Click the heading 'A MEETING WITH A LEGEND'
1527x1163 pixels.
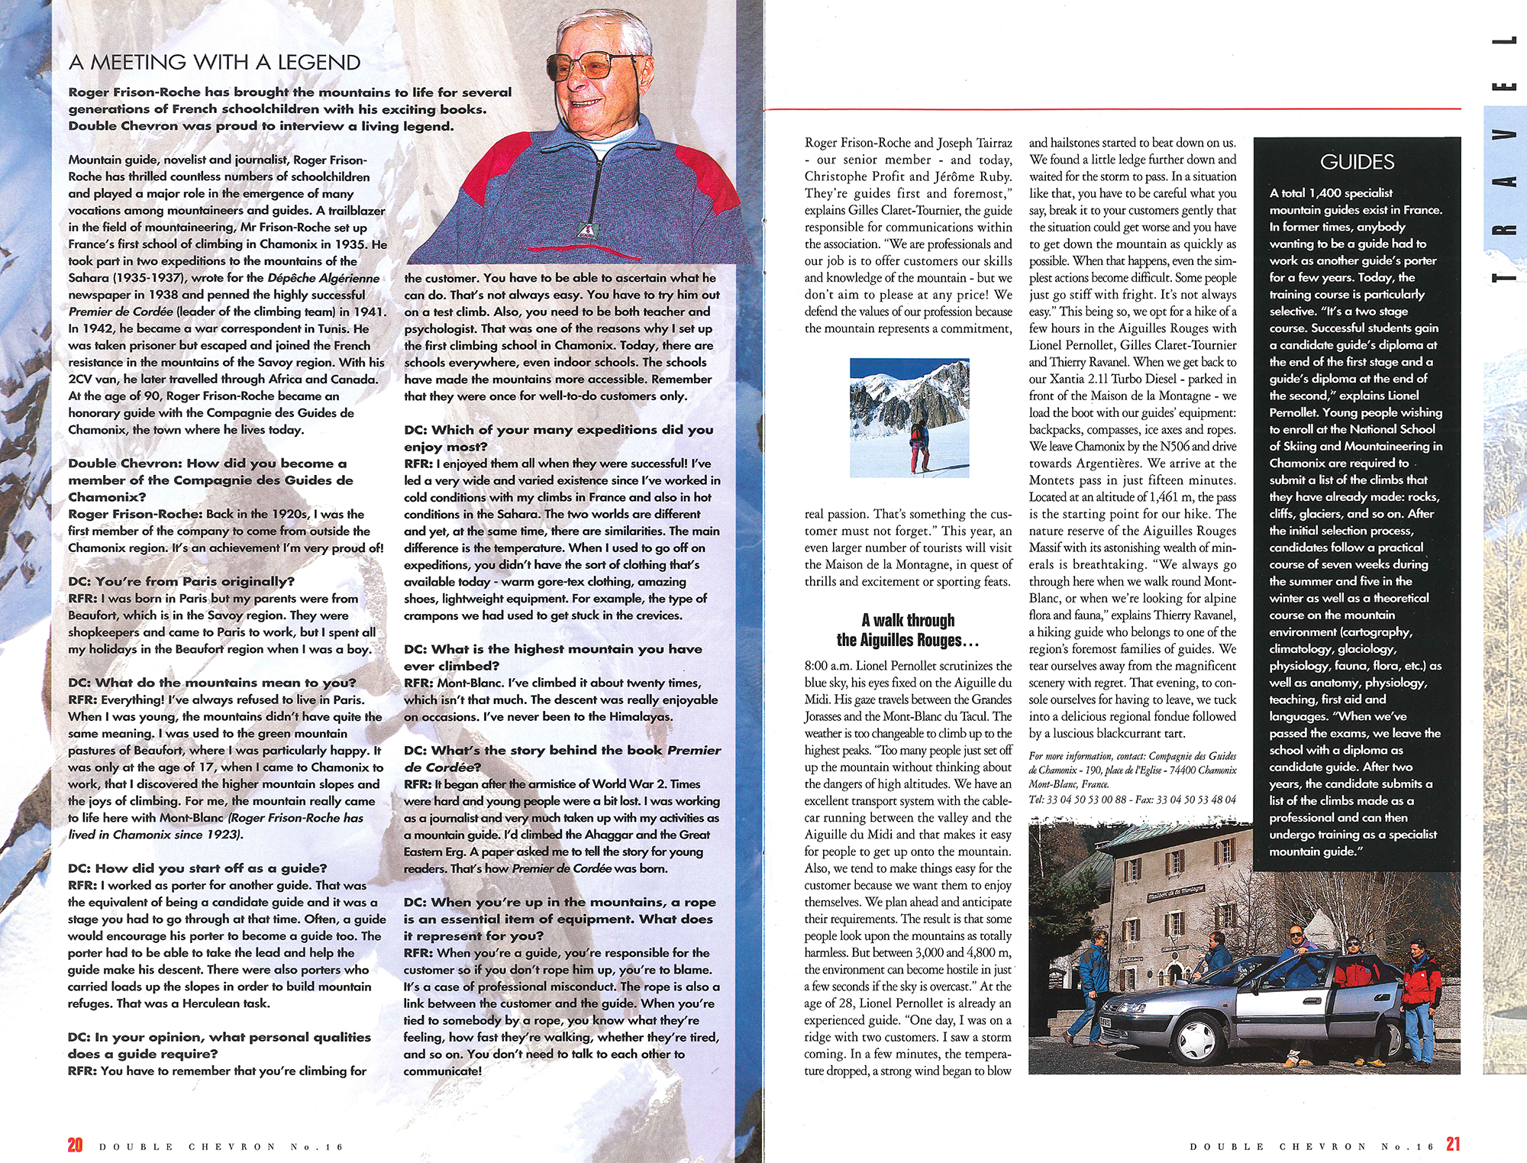(x=214, y=63)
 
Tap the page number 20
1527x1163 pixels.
(x=75, y=1145)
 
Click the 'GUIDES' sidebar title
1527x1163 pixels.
(x=1357, y=162)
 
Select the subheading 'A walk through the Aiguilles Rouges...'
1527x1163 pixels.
(x=908, y=630)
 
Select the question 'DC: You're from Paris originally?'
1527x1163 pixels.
(x=181, y=582)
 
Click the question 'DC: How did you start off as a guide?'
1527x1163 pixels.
(x=197, y=868)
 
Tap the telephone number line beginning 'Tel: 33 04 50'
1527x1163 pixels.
(x=1132, y=800)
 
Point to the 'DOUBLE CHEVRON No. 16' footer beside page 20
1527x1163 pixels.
(x=221, y=1147)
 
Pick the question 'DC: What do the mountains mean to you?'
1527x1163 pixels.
(x=211, y=683)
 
